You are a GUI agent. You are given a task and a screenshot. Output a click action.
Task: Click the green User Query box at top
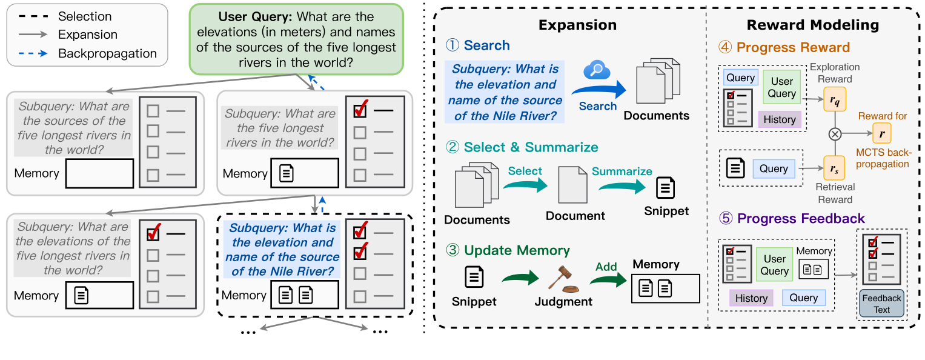coord(296,39)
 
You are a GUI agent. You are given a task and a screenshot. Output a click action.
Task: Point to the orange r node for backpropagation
coord(881,132)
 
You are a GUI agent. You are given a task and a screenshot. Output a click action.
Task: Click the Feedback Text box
coord(881,303)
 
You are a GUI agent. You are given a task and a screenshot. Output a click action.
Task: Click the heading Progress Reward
coord(785,47)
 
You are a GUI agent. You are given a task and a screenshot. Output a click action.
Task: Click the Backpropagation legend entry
coord(107,53)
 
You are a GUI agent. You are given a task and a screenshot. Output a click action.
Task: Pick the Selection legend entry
coord(85,16)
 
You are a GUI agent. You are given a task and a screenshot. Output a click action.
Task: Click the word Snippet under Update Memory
coord(474,301)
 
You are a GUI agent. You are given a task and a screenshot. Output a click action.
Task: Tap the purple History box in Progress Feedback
coord(751,298)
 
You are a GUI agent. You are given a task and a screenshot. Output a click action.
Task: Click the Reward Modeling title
coord(812,25)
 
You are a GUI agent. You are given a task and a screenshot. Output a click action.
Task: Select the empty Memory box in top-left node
coord(99,173)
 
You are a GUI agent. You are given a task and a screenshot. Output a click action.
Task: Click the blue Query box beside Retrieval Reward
coord(774,169)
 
